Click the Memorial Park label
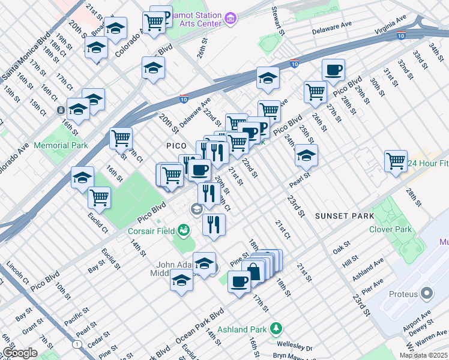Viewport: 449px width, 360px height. [61, 145]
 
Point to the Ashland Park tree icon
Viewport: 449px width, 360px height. [276, 328]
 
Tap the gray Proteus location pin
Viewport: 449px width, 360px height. [427, 293]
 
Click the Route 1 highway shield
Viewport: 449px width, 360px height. [77, 344]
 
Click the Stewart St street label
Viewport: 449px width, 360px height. [277, 21]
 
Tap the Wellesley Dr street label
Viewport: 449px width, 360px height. [295, 346]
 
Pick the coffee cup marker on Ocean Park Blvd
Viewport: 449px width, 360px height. [240, 281]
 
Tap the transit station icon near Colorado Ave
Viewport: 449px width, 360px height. [61, 110]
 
